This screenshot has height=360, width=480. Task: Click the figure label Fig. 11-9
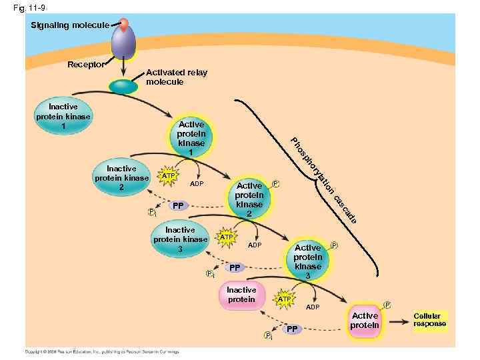coord(27,8)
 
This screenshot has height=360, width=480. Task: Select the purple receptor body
coord(123,43)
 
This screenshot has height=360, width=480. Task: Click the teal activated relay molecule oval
coord(123,86)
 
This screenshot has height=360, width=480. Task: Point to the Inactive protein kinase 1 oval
coord(63,116)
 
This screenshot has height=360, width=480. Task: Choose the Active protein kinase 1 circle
coord(191,139)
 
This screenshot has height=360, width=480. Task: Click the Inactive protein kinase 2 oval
coord(121,179)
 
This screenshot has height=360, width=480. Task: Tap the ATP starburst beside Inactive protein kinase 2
coord(169,176)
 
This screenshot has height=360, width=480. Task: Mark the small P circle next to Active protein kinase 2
coord(276,183)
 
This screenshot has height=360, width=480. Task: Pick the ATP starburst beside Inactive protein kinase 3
coord(227,237)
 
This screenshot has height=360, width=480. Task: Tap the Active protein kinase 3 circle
coord(307,261)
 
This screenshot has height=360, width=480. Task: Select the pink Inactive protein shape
coord(241,295)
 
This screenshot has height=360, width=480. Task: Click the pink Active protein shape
coord(365,321)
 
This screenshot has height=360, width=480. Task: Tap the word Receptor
coord(86,65)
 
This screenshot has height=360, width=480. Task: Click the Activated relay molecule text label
coord(177,77)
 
